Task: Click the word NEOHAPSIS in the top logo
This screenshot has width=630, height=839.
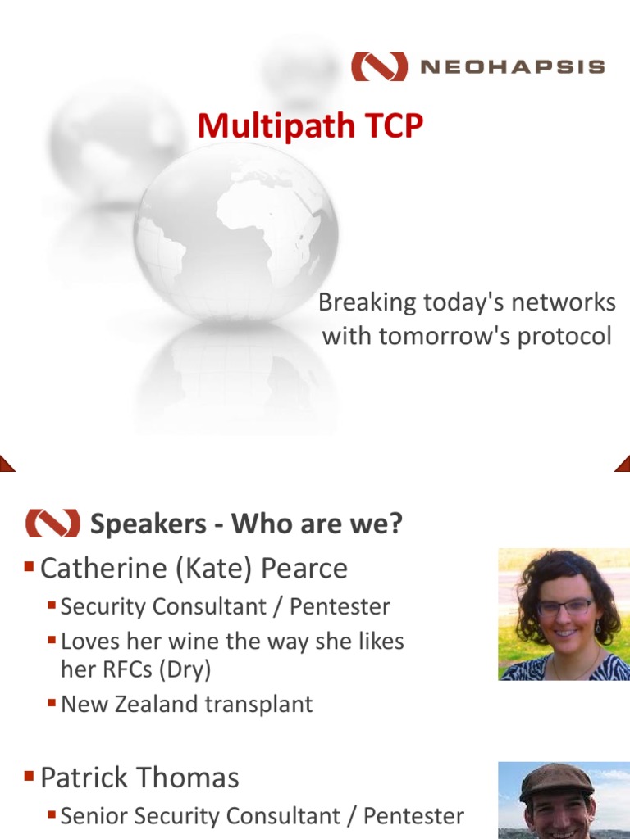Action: (x=513, y=67)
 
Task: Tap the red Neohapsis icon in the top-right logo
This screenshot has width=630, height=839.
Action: (x=379, y=66)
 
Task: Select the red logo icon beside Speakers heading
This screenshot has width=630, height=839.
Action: (x=52, y=523)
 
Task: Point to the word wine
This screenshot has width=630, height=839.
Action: (x=197, y=642)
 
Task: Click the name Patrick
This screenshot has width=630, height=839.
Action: (x=85, y=778)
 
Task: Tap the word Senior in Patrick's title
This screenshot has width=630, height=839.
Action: (x=94, y=816)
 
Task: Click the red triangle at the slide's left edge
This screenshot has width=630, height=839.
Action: (x=7, y=465)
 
